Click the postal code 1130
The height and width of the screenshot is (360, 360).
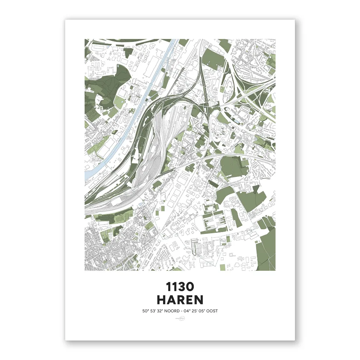click(x=180, y=287)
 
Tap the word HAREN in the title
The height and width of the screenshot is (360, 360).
click(x=180, y=300)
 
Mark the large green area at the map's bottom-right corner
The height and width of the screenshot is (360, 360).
click(x=266, y=250)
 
